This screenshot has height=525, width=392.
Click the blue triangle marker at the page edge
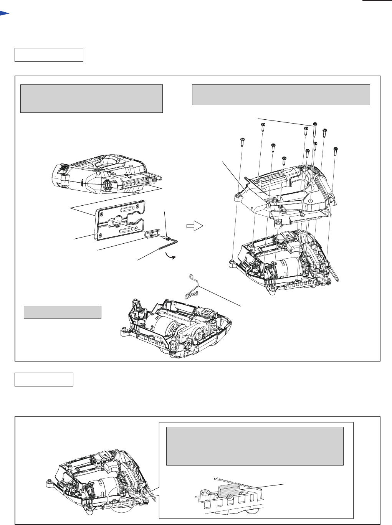click(x=4, y=13)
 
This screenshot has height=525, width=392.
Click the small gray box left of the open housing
click(x=63, y=312)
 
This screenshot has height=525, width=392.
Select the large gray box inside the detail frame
click(x=255, y=446)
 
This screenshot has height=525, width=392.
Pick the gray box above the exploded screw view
click(x=281, y=95)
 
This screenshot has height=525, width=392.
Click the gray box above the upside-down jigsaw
click(x=91, y=99)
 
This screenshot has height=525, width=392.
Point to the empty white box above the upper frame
click(x=49, y=55)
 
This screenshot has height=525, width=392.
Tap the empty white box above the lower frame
click(x=44, y=379)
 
